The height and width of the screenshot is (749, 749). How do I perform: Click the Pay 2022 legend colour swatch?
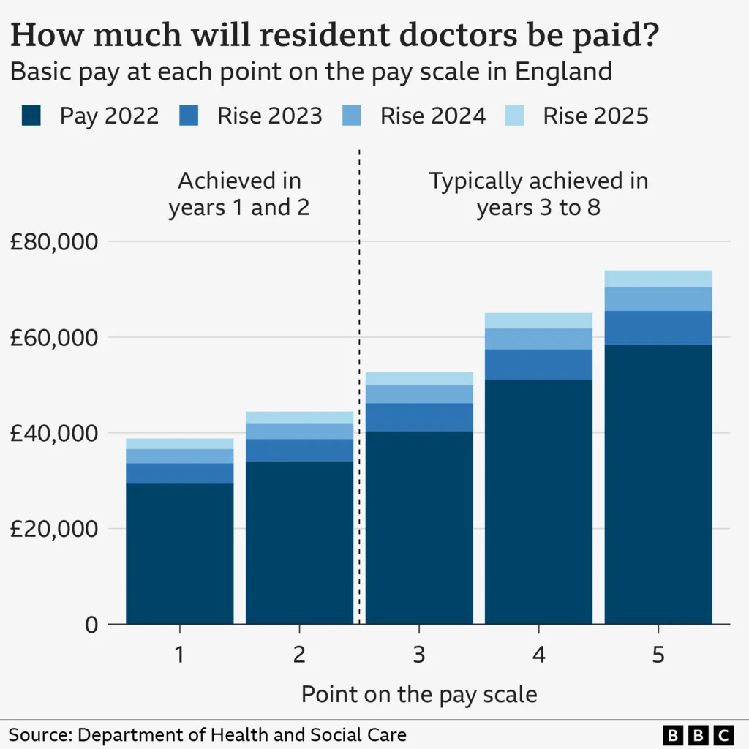(31, 116)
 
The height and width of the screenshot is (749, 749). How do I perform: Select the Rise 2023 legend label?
(269, 116)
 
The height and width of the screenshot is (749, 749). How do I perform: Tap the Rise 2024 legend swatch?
(353, 116)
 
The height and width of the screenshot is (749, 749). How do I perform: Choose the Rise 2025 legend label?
(595, 116)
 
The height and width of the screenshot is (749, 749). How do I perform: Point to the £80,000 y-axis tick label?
(53, 242)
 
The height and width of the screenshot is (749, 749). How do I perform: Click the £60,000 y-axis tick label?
(53, 338)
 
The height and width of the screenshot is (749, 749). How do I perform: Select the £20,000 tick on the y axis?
(53, 529)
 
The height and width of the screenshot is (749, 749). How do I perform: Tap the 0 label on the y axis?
(91, 625)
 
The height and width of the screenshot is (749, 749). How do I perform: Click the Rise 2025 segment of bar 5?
(658, 279)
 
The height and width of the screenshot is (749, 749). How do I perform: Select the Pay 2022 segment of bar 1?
(180, 553)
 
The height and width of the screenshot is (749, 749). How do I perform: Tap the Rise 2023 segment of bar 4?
(538, 364)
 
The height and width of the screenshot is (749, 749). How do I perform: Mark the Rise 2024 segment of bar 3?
(419, 394)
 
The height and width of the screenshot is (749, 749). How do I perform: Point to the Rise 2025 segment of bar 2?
(299, 417)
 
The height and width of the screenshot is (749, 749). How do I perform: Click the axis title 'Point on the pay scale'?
(419, 694)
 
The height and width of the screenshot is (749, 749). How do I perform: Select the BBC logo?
(698, 734)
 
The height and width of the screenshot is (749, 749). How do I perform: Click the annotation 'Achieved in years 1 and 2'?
(239, 194)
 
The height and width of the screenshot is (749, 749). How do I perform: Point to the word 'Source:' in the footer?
(40, 734)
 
